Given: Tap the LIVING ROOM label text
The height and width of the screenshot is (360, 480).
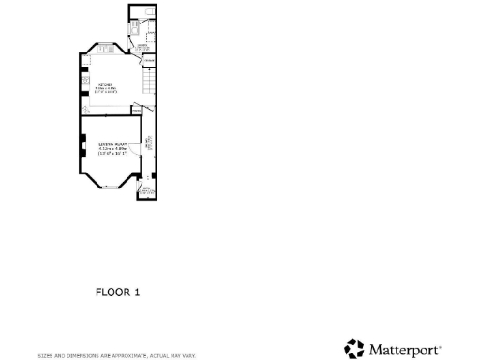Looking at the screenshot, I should coord(112,143).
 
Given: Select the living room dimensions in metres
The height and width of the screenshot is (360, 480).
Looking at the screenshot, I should coord(112,148).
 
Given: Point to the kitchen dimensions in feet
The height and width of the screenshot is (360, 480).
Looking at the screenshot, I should coord(105,93).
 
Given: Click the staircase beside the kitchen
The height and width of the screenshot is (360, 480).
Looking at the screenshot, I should coord(147,85).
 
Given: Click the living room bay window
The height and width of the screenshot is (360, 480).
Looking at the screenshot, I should coord(111,187).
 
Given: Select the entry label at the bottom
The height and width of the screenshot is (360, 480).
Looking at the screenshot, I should coord(146,190).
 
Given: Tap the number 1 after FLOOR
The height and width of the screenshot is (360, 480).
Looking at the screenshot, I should coord(137,292).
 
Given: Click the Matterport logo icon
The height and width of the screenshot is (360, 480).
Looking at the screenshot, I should coord(353,349).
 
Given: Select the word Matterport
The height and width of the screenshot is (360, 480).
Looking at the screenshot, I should coord(404,350).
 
